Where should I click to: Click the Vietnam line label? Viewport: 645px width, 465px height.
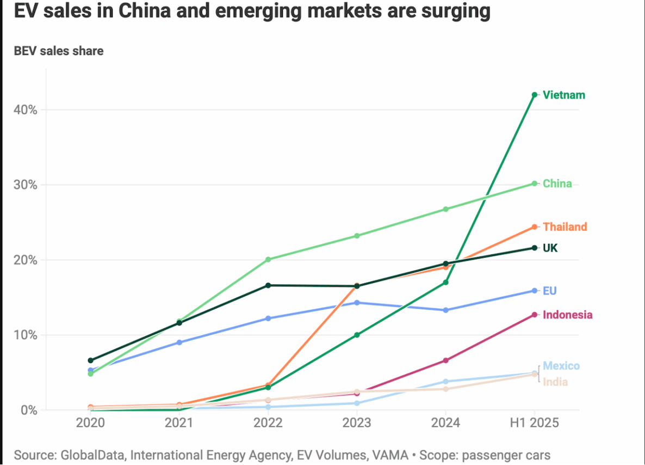click(x=564, y=95)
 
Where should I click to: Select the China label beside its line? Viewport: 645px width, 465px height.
click(x=557, y=183)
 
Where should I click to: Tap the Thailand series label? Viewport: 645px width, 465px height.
click(x=565, y=227)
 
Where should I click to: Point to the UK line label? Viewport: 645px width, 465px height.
click(x=550, y=248)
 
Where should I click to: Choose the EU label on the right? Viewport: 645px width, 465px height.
click(x=550, y=291)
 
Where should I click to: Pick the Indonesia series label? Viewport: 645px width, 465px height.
click(x=568, y=315)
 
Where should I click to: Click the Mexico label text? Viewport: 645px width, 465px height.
click(x=561, y=366)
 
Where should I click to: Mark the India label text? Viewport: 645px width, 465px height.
click(x=555, y=382)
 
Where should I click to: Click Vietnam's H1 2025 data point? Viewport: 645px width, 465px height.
click(x=535, y=95)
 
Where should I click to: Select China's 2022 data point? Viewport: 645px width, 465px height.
click(x=268, y=260)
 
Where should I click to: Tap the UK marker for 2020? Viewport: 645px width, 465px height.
click(x=90, y=360)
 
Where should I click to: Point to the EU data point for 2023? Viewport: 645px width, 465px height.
click(x=357, y=303)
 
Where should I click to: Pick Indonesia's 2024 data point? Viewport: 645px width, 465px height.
click(x=446, y=360)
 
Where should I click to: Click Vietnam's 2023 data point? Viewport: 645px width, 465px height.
click(x=357, y=335)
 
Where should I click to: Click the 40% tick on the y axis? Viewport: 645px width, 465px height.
click(x=26, y=110)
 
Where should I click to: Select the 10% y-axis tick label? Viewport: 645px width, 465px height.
click(x=26, y=335)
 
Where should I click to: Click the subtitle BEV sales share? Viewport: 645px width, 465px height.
click(x=59, y=52)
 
